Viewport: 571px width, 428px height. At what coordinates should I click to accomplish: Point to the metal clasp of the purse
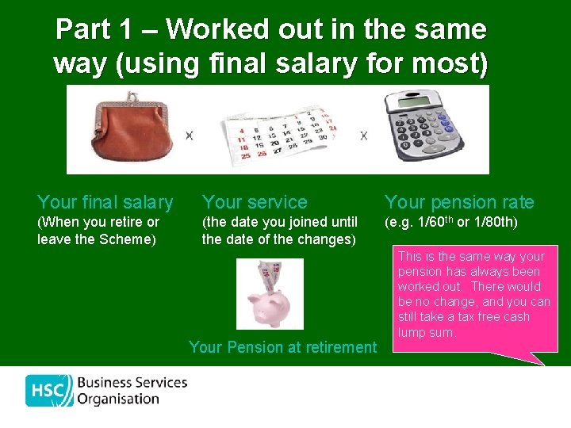(127, 103)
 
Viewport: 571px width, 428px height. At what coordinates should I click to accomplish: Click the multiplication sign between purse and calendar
(190, 136)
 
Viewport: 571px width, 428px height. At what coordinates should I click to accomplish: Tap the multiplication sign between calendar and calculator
(363, 136)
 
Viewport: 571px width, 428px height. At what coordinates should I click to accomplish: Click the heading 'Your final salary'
(105, 202)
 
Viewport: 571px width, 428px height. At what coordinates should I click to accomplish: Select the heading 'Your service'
(255, 202)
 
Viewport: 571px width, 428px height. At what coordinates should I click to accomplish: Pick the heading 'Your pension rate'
(459, 202)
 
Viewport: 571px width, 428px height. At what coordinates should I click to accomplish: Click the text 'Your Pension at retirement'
(283, 347)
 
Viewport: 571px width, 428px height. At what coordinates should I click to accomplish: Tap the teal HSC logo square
(49, 391)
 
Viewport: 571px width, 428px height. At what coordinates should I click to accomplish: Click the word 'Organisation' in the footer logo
(119, 399)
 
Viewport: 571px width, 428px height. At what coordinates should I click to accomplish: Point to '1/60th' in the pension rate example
(432, 222)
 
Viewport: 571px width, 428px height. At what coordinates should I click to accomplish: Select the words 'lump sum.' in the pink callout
(427, 333)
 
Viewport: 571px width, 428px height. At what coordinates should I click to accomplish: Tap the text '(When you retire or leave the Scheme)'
(98, 231)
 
